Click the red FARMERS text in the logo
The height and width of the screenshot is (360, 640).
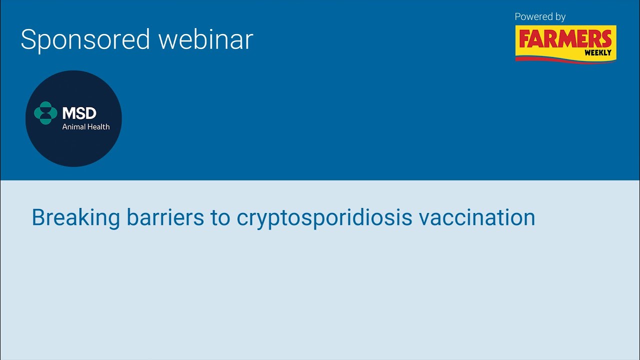(565, 39)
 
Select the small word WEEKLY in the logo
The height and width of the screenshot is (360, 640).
(597, 52)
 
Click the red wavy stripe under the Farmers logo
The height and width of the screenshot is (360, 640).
(565, 59)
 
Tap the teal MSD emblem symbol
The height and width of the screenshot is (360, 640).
(45, 113)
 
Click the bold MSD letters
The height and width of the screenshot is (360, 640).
(79, 113)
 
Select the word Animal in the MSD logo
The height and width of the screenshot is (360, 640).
(73, 126)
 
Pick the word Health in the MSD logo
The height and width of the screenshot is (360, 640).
(98, 126)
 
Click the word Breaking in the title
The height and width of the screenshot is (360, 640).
(75, 218)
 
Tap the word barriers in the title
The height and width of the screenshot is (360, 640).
(165, 218)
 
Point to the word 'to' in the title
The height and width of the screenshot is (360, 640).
(220, 218)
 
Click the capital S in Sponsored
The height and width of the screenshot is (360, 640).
(28, 39)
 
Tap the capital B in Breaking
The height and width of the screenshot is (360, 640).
(38, 218)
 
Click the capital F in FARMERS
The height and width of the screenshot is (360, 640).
(524, 39)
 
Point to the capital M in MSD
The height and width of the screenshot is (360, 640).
(69, 113)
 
